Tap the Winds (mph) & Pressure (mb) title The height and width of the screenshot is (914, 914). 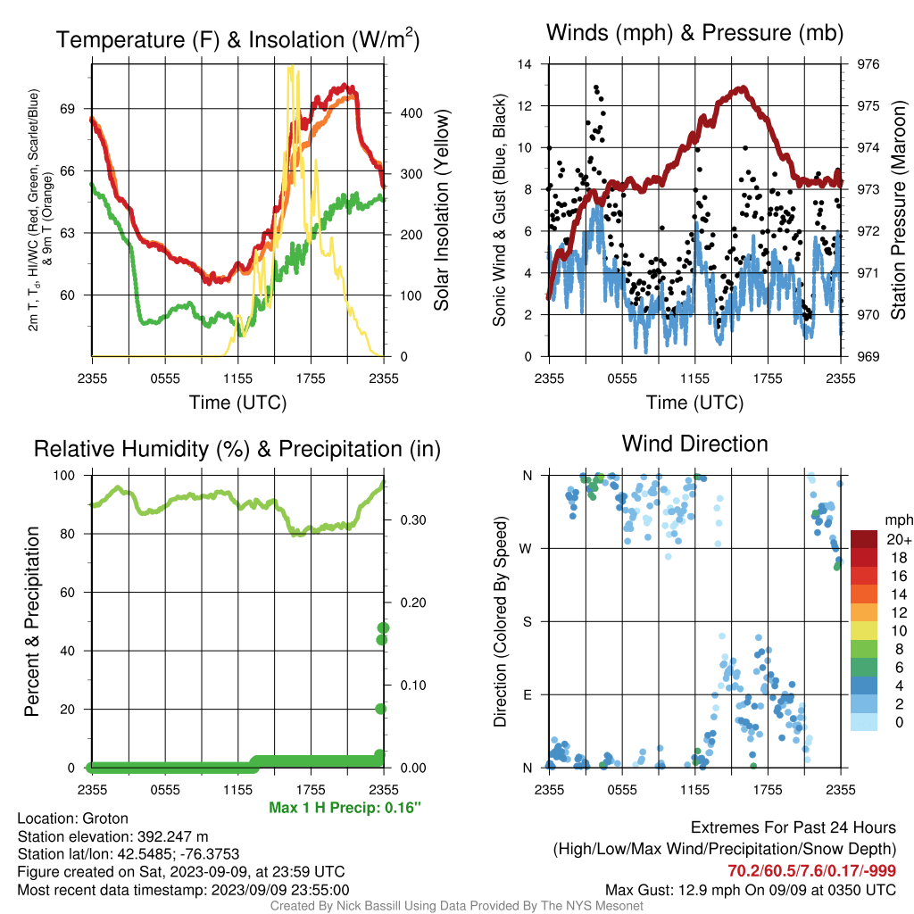click(x=694, y=33)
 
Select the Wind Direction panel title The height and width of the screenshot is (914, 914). click(x=694, y=444)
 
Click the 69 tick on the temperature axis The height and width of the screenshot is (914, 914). click(x=68, y=109)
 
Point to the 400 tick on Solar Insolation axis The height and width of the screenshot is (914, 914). click(x=411, y=113)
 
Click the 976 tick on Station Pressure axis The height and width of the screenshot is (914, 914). click(x=868, y=64)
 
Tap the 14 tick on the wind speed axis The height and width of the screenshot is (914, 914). click(x=525, y=64)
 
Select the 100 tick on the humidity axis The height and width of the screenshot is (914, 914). click(x=64, y=476)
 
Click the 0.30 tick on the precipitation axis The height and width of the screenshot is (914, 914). click(x=413, y=520)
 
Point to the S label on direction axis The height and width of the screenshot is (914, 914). click(x=527, y=621)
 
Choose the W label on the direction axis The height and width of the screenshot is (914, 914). click(x=526, y=549)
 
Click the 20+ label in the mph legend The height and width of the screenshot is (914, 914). click(x=899, y=540)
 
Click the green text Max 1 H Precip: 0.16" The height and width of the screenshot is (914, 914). click(x=345, y=807)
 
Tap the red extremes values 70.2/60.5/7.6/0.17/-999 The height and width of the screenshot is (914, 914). click(x=811, y=871)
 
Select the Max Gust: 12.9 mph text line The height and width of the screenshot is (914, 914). click(x=751, y=890)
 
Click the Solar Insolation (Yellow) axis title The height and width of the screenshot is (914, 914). click(x=442, y=210)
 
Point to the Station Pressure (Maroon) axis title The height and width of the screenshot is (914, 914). click(x=898, y=210)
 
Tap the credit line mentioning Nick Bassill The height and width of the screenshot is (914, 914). click(x=456, y=906)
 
